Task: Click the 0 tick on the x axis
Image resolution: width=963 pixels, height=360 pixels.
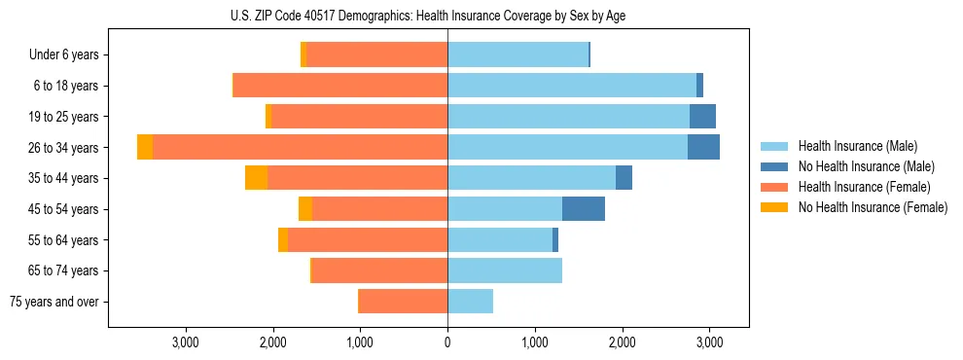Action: coord(447,342)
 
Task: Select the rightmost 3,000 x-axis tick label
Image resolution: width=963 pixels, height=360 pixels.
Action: coord(709,342)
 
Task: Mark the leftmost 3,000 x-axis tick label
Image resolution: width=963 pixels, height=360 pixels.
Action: coord(186,342)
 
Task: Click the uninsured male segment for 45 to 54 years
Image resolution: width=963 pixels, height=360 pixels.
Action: coord(584,209)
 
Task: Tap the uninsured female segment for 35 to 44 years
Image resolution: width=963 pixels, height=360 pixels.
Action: coord(256,178)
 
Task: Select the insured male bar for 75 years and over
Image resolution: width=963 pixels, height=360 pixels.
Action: coord(470,302)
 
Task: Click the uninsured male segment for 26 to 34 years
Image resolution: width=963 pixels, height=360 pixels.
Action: coord(703,148)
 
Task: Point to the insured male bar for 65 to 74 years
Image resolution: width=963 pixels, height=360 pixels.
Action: coord(505,270)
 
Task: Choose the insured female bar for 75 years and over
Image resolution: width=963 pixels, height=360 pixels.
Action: coord(404,302)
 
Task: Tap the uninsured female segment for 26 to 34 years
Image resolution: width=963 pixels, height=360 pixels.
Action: coord(145,148)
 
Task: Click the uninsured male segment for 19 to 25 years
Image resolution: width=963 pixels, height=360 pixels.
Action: coord(702,117)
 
